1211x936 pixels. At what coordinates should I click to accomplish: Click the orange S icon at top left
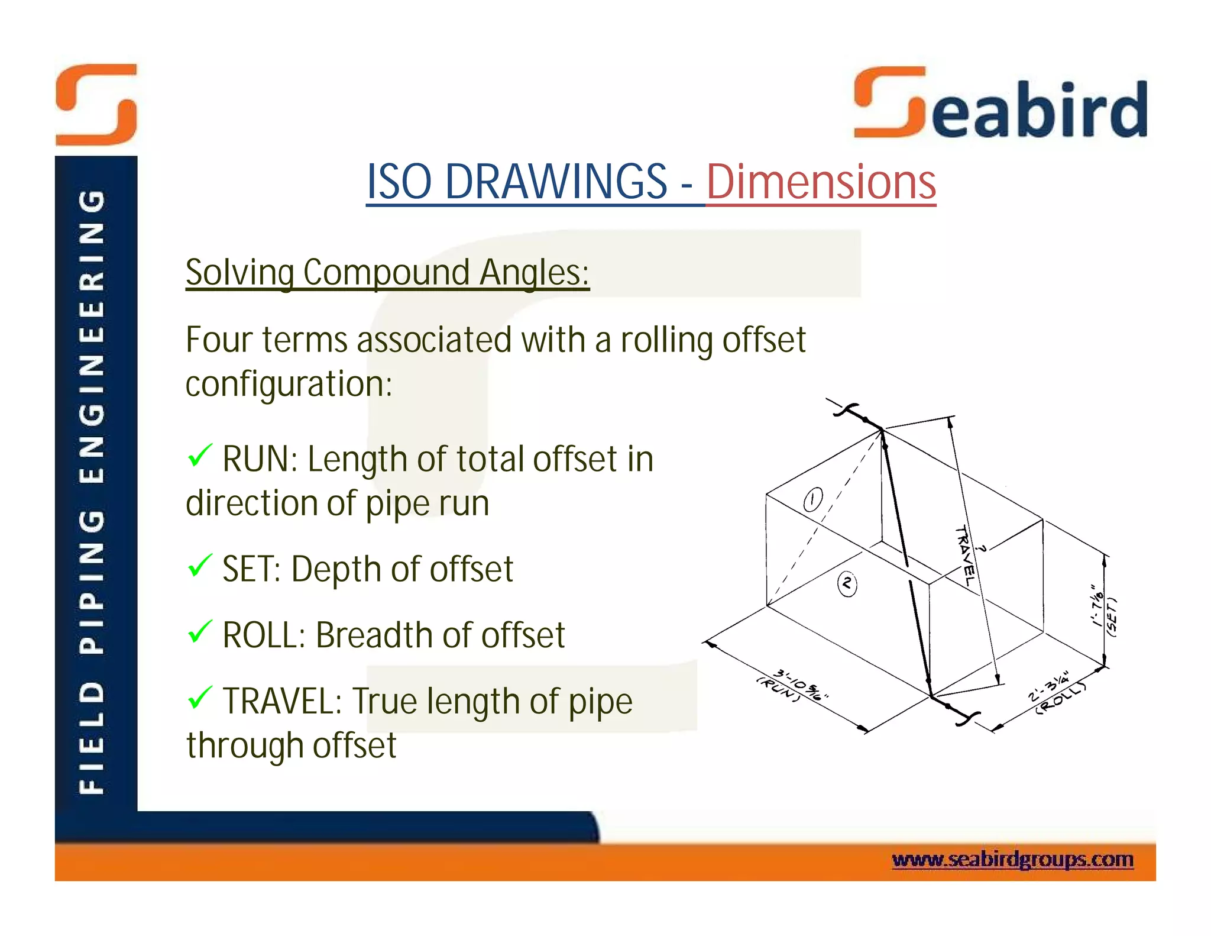96,105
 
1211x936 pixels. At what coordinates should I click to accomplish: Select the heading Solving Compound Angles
387,273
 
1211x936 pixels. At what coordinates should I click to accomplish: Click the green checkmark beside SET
200,566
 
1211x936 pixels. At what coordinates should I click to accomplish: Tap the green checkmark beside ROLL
200,632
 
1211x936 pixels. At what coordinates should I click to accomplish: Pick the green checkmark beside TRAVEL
200,698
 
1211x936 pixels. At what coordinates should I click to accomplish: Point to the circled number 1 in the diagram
813,499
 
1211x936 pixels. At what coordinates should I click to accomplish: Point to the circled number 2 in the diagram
847,585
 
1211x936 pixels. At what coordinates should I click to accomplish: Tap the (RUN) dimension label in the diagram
779,689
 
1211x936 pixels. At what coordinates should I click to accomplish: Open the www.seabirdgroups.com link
1012,859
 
